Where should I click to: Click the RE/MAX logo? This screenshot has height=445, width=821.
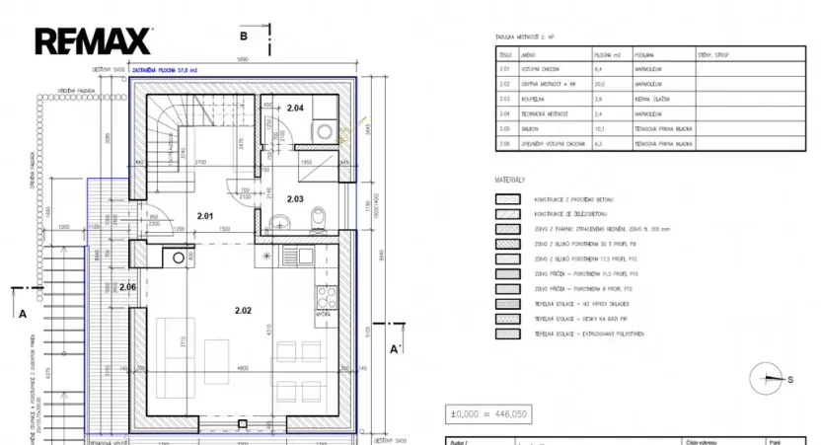94,40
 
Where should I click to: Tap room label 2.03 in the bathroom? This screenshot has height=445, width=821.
295,198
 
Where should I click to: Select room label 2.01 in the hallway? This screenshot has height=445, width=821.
205,215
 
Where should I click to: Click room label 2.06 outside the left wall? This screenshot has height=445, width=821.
126,286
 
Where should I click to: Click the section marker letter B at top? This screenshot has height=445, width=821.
243,36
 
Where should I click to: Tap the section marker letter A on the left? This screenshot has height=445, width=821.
22,315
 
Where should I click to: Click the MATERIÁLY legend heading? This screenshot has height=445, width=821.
510,181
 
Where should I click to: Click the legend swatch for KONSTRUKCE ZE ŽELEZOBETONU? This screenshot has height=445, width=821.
508,213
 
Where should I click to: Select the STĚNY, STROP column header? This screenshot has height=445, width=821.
712,56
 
